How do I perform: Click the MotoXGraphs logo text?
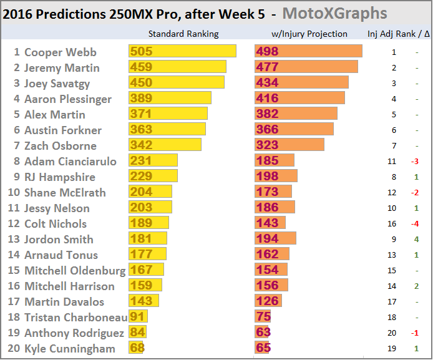(342, 13)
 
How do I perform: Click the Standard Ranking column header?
(183, 34)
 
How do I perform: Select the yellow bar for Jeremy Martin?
(177, 67)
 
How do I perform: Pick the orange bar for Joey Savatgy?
(301, 83)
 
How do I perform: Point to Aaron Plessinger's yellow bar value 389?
(141, 99)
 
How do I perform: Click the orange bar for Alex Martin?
(296, 114)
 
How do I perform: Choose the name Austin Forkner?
(62, 130)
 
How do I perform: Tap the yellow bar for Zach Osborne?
(165, 145)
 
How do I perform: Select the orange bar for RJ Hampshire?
(276, 177)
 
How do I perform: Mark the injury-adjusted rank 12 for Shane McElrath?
(394, 192)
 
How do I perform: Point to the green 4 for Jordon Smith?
(416, 239)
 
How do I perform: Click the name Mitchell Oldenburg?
(74, 270)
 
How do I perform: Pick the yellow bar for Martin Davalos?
(144, 301)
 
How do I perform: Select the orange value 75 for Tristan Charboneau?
(263, 317)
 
